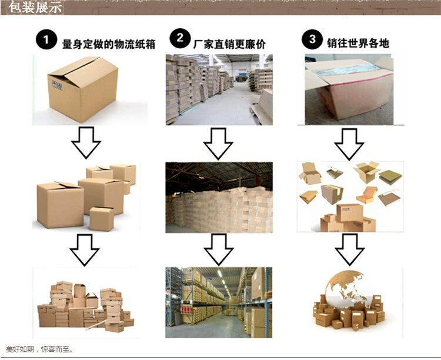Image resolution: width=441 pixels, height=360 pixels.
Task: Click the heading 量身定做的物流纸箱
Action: tap(106, 42)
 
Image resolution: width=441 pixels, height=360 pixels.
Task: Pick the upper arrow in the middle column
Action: tap(219, 142)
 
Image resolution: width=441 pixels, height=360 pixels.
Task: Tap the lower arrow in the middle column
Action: tap(219, 248)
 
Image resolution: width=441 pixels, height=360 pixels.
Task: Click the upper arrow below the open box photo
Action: tap(350, 142)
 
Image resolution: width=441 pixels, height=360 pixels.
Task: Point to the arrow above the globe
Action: tap(350, 248)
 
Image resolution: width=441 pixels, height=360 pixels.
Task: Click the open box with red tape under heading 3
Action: tap(349, 89)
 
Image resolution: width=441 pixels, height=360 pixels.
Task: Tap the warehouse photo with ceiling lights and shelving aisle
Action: tap(219, 302)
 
